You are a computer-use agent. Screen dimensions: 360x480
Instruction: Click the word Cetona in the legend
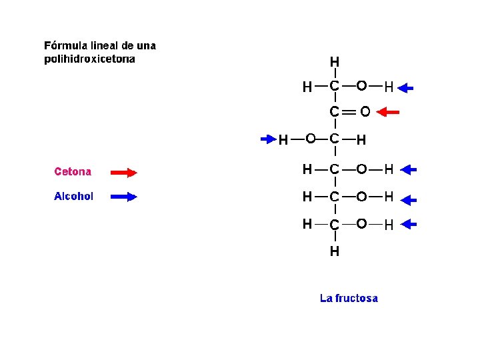73,172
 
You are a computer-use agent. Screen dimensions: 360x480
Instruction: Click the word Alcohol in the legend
73,197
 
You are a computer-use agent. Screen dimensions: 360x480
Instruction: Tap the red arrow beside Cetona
123,173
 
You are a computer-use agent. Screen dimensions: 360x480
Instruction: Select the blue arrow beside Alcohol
123,197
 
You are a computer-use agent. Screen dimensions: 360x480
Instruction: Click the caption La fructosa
349,299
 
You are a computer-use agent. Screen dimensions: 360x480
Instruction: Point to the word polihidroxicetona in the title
89,59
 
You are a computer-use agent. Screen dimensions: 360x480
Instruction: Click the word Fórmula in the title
65,46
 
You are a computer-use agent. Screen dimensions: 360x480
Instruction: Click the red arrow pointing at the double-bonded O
388,113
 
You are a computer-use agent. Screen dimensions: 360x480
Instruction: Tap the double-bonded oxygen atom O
365,112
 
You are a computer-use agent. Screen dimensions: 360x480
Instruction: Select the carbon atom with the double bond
334,112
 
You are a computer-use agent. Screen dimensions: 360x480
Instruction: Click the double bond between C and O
349,112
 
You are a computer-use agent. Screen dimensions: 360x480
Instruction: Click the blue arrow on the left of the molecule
268,139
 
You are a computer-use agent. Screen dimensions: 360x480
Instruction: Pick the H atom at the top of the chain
334,62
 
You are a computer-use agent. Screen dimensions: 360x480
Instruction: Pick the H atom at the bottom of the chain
334,251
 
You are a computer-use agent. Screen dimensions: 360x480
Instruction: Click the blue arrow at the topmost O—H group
409,87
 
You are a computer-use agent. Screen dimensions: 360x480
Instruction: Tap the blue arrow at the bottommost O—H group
407,225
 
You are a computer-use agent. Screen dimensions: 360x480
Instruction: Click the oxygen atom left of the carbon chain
310,139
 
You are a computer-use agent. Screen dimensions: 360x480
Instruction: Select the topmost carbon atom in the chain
334,87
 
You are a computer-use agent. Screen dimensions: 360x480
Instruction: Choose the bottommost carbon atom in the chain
334,225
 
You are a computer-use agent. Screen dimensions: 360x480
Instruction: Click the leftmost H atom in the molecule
283,140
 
